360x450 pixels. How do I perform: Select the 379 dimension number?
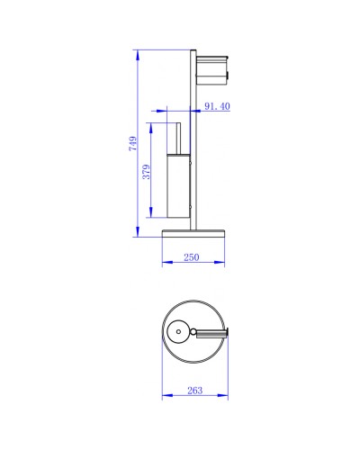[146, 173]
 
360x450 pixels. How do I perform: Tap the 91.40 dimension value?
[218, 106]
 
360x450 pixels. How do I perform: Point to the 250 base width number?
[191, 257]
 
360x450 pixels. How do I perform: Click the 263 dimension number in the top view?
[195, 390]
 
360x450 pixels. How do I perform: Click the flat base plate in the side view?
[193, 235]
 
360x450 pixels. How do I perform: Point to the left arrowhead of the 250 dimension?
[164, 263]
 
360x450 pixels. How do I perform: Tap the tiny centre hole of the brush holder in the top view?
[180, 333]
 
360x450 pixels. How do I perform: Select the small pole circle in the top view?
[193, 333]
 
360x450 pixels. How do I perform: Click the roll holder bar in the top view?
[214, 333]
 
